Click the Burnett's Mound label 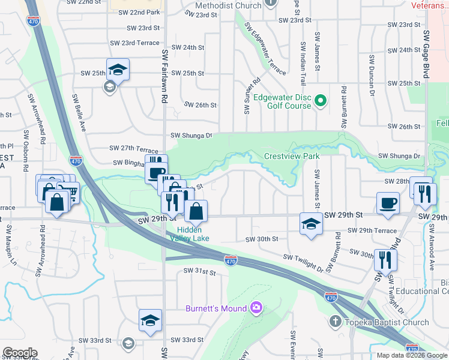[x=216, y=308]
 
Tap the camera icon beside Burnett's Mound [x=256, y=308]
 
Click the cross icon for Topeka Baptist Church [x=335, y=322]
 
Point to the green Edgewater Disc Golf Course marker [x=321, y=101]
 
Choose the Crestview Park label [x=292, y=157]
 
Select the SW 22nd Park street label [x=139, y=12]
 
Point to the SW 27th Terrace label [x=134, y=148]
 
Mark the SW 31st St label [x=199, y=272]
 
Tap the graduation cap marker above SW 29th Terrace [x=310, y=224]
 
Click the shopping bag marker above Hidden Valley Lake [x=196, y=211]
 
